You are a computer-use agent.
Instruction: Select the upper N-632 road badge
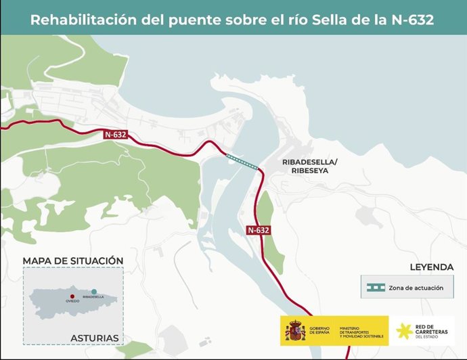116,135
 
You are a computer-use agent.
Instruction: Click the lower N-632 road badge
259,230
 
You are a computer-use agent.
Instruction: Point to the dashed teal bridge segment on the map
242,160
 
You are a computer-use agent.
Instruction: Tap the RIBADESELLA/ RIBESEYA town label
309,167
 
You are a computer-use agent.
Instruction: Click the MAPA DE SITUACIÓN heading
73,261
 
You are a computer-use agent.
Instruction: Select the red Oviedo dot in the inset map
71,296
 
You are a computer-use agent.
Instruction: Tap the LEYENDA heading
430,267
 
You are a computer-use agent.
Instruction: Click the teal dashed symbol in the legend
374,288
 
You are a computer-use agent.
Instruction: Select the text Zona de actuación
416,288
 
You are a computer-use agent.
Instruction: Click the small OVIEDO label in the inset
72,301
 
